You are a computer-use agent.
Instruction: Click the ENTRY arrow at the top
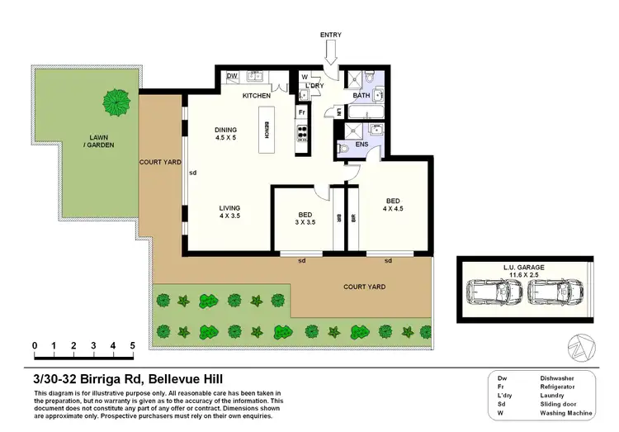coord(330,54)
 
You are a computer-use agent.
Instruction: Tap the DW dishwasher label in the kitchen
coord(233,77)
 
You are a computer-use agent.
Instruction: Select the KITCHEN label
coord(257,96)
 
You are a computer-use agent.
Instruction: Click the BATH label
coord(361,96)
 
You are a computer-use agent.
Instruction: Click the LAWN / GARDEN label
coord(102,140)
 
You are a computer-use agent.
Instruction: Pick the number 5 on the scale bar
coord(133,345)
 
